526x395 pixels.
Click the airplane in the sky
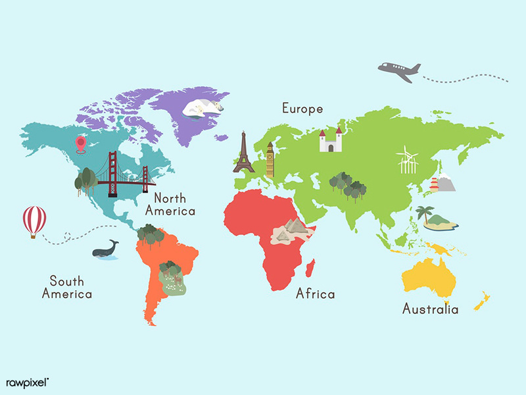pos(399,70)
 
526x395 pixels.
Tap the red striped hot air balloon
pos(34,220)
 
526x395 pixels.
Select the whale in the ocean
pos(105,249)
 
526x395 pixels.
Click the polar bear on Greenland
pos(203,107)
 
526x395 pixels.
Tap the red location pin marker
pos(81,143)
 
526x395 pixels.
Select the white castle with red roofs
pos(331,140)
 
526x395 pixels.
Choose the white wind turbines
pos(407,160)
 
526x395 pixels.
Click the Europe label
pos(302,108)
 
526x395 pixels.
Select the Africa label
pos(315,293)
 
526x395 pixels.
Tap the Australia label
pos(430,308)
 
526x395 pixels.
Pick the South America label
pos(66,288)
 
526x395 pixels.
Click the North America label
pos(170,204)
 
